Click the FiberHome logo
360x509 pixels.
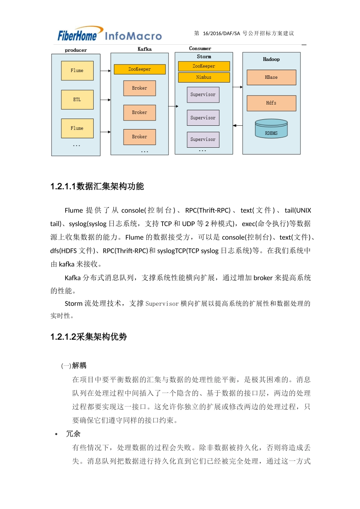pyautogui.click(x=77, y=35)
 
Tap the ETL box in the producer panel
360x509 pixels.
pyautogui.click(x=77, y=100)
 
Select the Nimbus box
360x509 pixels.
pyautogui.click(x=204, y=77)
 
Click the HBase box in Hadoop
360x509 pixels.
pyautogui.click(x=271, y=77)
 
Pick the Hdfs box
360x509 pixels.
pyautogui.click(x=271, y=103)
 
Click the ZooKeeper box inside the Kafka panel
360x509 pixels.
pyautogui.click(x=139, y=69)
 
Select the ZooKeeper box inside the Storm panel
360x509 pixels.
pyautogui.click(x=204, y=66)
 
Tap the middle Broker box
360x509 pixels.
pyautogui.click(x=139, y=112)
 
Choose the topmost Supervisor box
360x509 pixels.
pyautogui.click(x=203, y=95)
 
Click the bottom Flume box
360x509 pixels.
pyautogui.click(x=77, y=128)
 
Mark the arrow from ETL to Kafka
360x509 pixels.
pyautogui.click(x=105, y=100)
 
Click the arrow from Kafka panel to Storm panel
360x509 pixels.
pyautogui.click(x=173, y=106)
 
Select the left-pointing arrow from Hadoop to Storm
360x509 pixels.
pyautogui.click(x=238, y=125)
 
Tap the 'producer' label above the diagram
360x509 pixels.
pyautogui.click(x=76, y=50)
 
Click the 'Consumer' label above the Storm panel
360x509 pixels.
pyautogui.click(x=200, y=48)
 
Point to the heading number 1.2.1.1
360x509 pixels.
pyautogui.click(x=63, y=186)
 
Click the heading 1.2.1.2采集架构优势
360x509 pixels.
pyautogui.click(x=89, y=337)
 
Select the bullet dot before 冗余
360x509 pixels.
pyautogui.click(x=56, y=434)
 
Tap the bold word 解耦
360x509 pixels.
pyautogui.click(x=79, y=365)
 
